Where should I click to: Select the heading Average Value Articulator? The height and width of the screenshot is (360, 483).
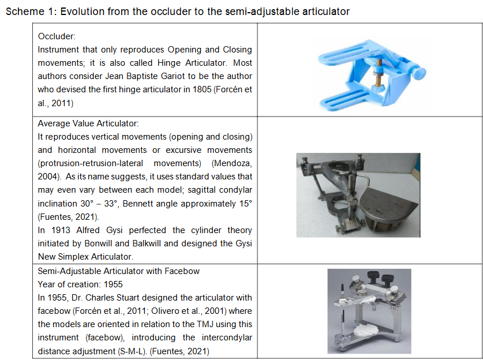pos(88,123)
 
